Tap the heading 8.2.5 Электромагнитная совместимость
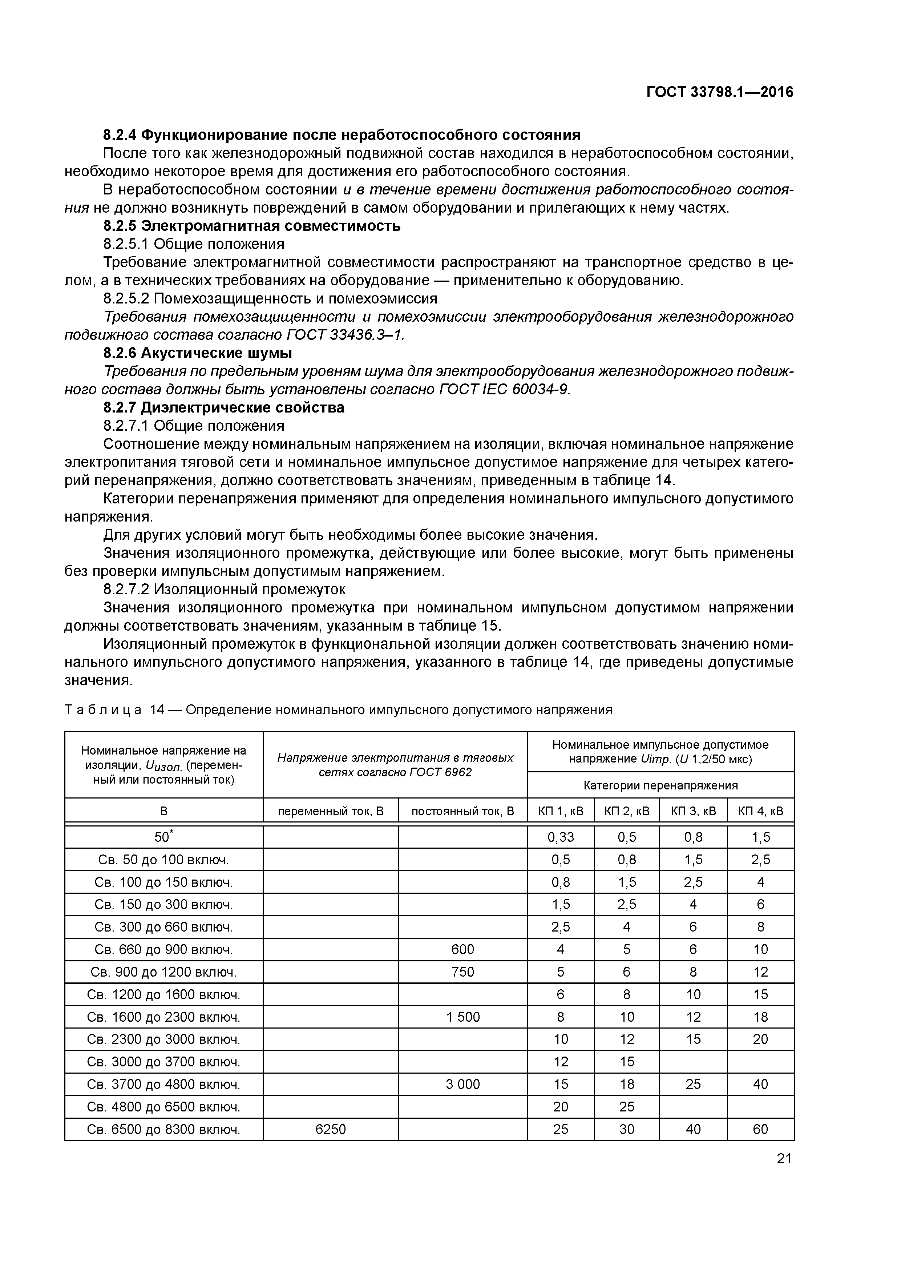(251, 226)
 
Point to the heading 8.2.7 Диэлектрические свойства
(224, 407)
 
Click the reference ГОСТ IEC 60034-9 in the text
(504, 389)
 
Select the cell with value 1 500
(462, 1017)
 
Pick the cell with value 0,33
(560, 837)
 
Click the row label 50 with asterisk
(163, 837)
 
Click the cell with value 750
(462, 972)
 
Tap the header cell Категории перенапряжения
(660, 785)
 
